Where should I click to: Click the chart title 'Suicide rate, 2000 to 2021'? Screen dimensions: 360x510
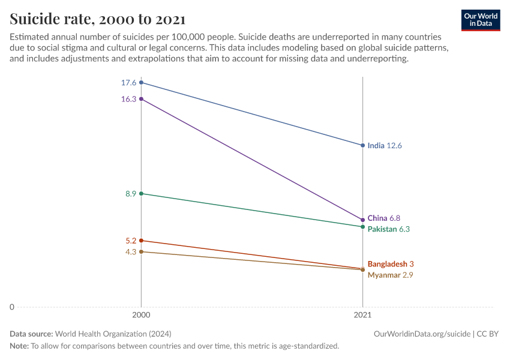[97, 19]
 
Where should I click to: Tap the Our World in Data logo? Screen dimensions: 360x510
[481, 20]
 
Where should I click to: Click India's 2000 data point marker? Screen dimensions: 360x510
[141, 82]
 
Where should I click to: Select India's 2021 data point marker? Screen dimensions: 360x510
[362, 145]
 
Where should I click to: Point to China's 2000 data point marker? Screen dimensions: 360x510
[141, 98]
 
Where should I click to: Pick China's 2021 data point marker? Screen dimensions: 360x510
[362, 220]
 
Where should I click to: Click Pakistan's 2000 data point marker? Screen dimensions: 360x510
[141, 194]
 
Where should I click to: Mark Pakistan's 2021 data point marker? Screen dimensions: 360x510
[362, 227]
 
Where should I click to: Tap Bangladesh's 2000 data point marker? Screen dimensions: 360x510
[141, 241]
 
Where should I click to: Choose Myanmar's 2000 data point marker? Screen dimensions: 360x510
[141, 251]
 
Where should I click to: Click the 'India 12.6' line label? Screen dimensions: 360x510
[384, 145]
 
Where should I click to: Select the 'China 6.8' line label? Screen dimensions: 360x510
[383, 218]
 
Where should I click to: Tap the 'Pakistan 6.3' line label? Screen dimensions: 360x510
[388, 229]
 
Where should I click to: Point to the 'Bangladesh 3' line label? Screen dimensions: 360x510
[391, 264]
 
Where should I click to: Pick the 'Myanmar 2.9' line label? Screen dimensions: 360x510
[390, 275]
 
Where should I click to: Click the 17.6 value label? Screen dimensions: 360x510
[128, 83]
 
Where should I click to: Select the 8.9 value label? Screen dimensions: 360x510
[130, 194]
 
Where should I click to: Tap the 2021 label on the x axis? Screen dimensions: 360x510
[362, 314]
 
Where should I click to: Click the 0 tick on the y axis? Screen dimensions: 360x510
[12, 307]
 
